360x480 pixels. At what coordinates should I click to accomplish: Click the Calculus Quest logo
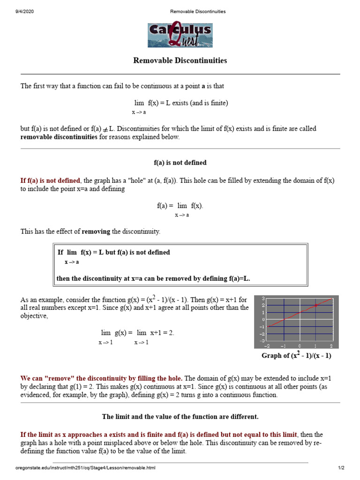(x=180, y=35)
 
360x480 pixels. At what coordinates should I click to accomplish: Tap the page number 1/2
(x=341, y=468)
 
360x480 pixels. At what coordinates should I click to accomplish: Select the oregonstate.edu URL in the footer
(x=85, y=468)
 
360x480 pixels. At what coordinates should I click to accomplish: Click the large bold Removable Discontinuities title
(x=180, y=60)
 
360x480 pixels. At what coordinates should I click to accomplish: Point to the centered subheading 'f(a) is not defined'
(x=180, y=163)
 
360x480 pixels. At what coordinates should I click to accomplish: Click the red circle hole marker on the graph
(x=315, y=305)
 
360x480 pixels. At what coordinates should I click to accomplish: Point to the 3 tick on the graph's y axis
(x=263, y=299)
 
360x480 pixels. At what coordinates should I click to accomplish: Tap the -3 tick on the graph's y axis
(x=262, y=340)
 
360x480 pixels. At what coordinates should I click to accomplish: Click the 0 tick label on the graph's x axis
(x=300, y=346)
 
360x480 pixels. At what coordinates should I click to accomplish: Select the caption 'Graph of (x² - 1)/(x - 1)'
(x=296, y=356)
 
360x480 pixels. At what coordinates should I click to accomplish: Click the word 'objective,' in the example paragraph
(x=34, y=316)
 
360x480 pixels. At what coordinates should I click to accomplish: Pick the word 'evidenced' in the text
(x=36, y=395)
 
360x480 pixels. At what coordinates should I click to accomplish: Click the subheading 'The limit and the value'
(x=180, y=417)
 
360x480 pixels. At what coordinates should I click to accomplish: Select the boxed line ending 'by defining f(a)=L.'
(x=153, y=278)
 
